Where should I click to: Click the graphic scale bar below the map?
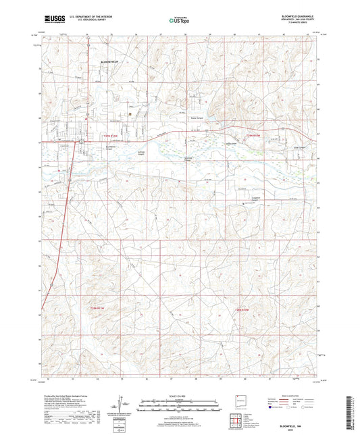point(180,405)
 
